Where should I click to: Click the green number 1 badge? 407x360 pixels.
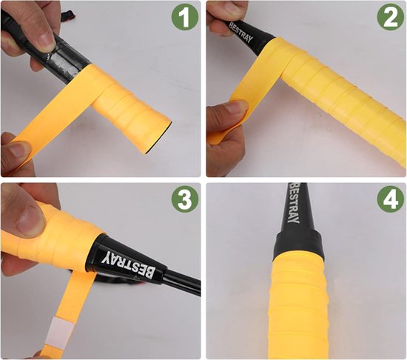(x=185, y=17)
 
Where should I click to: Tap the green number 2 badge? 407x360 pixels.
(x=390, y=17)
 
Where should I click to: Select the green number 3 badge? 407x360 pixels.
(x=185, y=199)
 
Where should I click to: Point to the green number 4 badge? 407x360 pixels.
(x=390, y=199)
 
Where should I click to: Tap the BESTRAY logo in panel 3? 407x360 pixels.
(x=129, y=264)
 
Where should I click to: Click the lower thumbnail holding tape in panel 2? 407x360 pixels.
(x=235, y=107)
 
